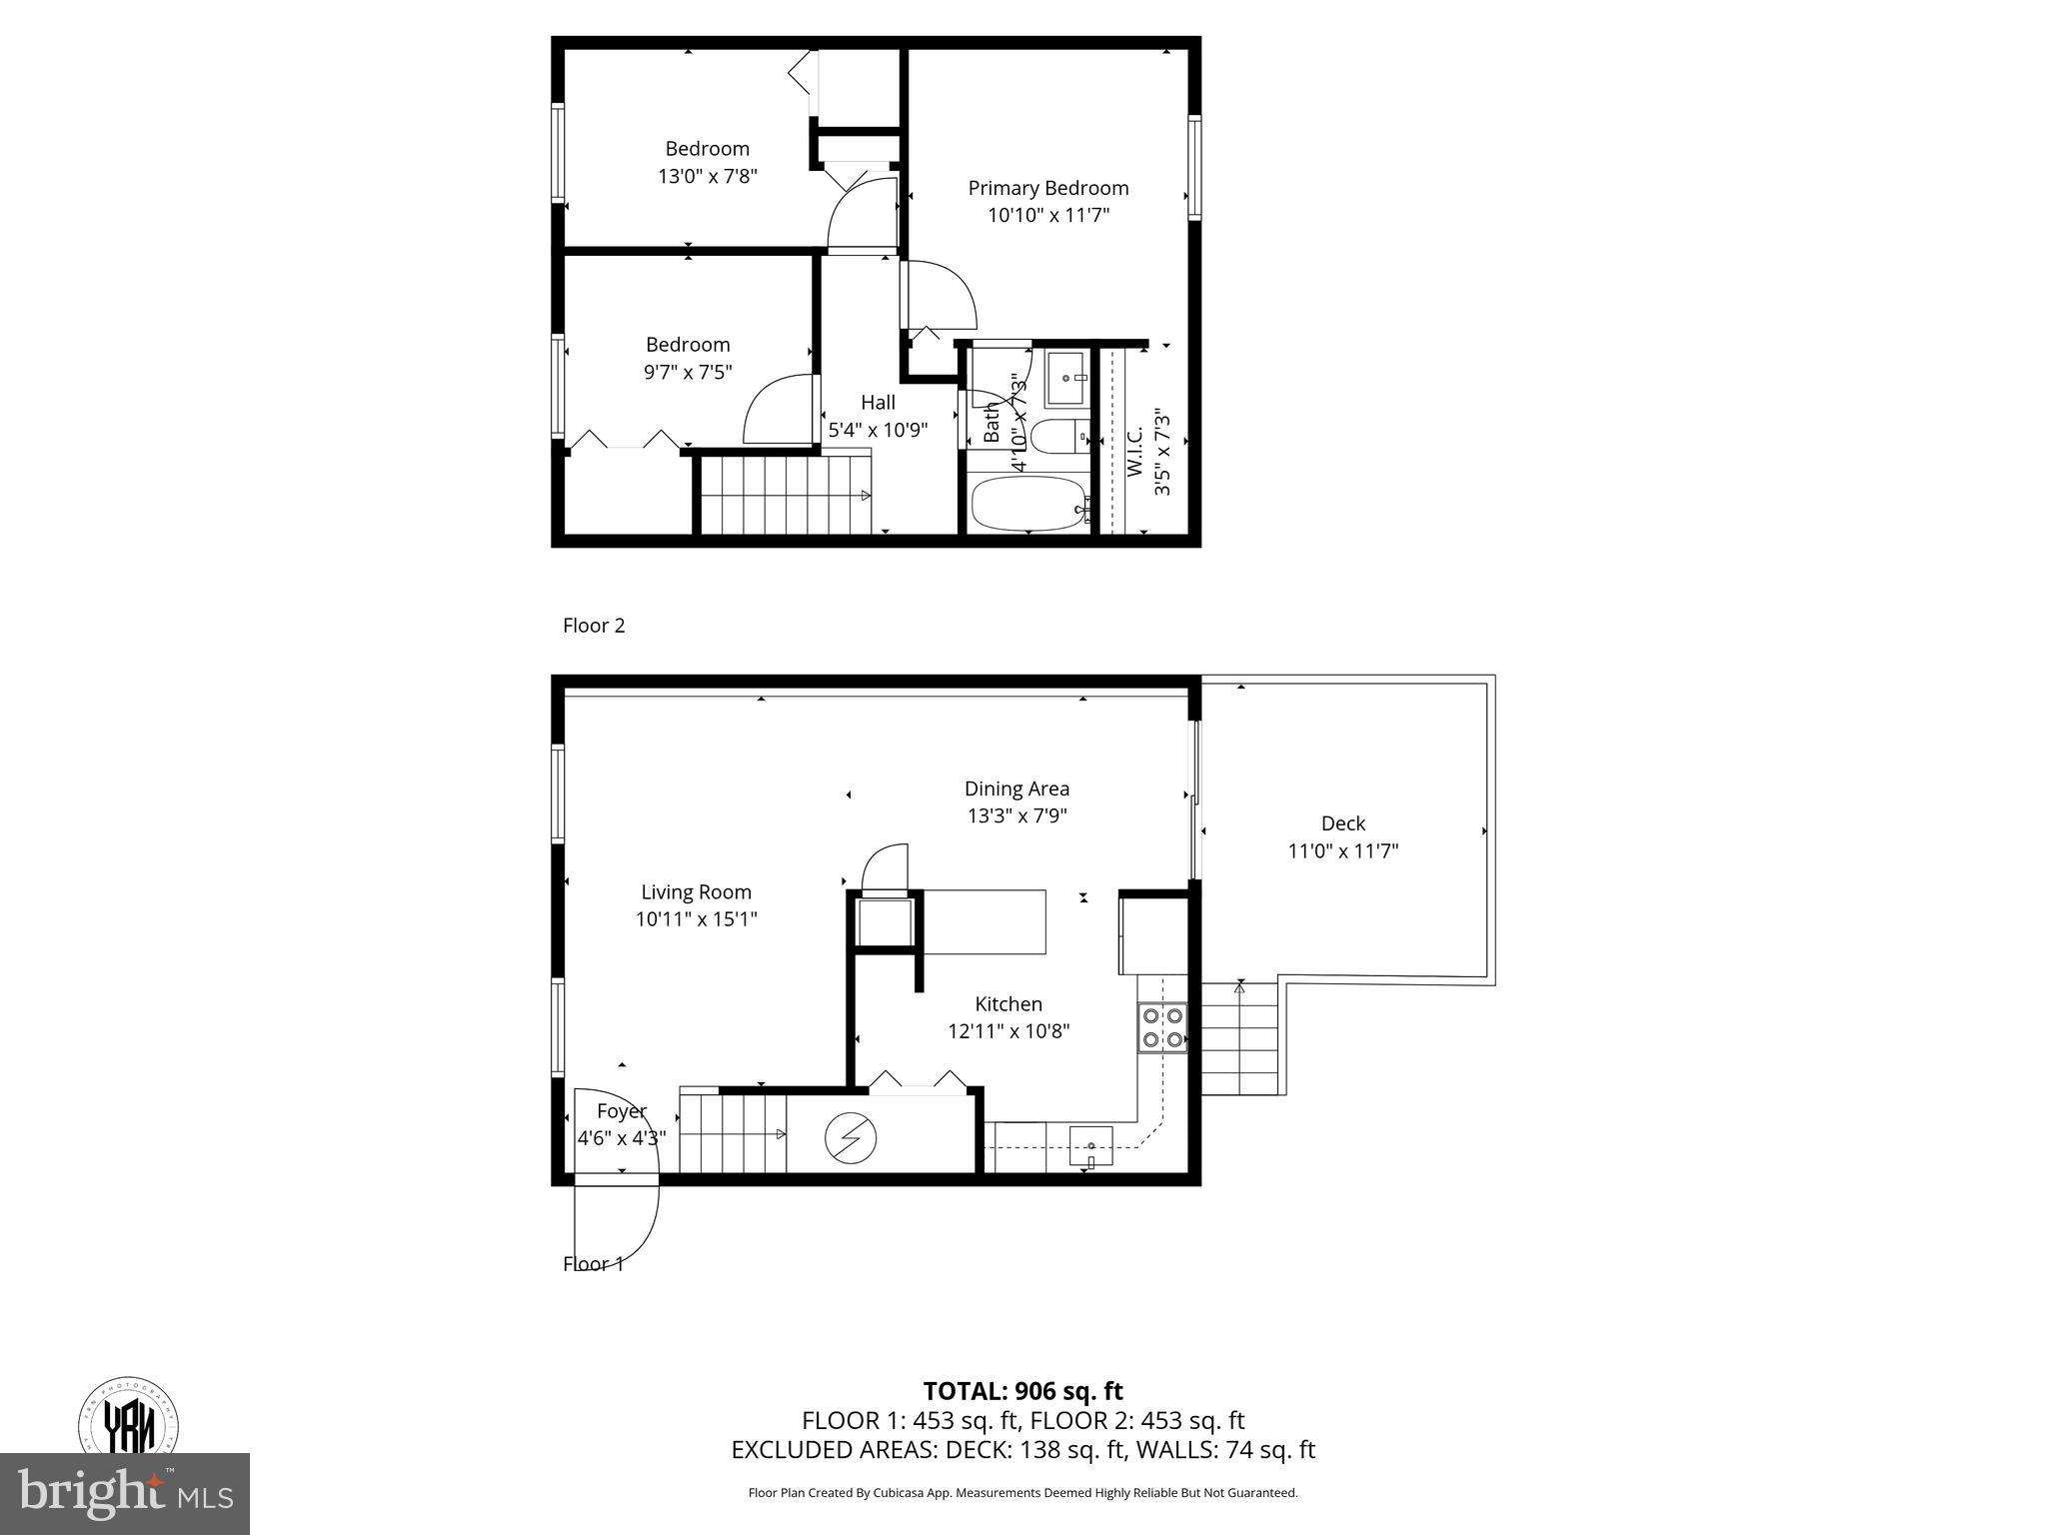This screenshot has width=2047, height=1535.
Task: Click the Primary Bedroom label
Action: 1047,188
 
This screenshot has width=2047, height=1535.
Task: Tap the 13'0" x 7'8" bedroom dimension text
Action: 707,177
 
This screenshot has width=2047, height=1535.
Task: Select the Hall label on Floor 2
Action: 878,402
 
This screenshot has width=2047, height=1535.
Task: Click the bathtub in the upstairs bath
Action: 1028,504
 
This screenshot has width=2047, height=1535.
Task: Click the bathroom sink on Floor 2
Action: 1066,378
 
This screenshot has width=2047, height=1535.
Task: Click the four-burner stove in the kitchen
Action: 1162,1026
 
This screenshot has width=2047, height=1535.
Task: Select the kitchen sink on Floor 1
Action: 1090,1145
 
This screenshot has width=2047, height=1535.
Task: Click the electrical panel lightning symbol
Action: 851,1137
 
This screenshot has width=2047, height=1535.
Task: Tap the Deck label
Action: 1342,823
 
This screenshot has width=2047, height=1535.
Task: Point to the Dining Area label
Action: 1017,788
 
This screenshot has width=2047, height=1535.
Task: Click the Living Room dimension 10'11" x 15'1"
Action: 696,919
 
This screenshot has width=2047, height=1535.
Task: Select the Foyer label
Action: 621,1111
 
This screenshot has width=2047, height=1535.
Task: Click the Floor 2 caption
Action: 594,626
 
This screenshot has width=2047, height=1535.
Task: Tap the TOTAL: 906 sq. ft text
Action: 1023,1391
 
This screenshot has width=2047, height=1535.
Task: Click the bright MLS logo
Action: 124,1493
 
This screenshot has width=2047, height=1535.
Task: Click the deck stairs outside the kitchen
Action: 1239,1038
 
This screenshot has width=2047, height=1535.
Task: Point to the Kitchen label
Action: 1009,1004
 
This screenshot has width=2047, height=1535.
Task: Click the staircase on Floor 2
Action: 784,495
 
